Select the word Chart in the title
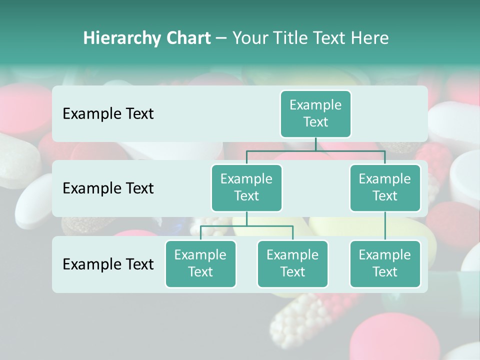click(x=188, y=38)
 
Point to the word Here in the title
click(x=369, y=38)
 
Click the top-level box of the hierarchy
click(x=315, y=113)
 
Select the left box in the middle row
click(x=246, y=187)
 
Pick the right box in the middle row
click(x=385, y=187)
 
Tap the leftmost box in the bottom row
click(x=200, y=263)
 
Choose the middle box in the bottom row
click(x=292, y=263)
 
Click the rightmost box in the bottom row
click(x=385, y=263)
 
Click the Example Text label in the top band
click(x=108, y=113)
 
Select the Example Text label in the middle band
click(x=108, y=188)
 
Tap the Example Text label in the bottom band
click(x=108, y=264)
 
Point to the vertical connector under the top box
click(x=315, y=144)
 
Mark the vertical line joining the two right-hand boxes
click(x=385, y=226)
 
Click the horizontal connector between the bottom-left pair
click(x=246, y=226)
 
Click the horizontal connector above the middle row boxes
click(x=315, y=150)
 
